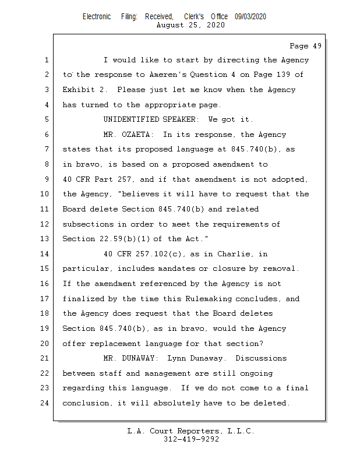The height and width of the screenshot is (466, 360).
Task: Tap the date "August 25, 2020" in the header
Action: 190,25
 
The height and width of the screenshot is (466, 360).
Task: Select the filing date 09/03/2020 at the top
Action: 250,17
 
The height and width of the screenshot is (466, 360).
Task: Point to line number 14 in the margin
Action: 46,254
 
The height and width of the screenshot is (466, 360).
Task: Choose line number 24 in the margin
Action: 46,403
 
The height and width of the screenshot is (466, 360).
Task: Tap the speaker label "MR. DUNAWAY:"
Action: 131,358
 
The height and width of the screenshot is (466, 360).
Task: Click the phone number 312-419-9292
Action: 191,440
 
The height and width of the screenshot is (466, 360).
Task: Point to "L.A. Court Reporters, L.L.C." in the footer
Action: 191,431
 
